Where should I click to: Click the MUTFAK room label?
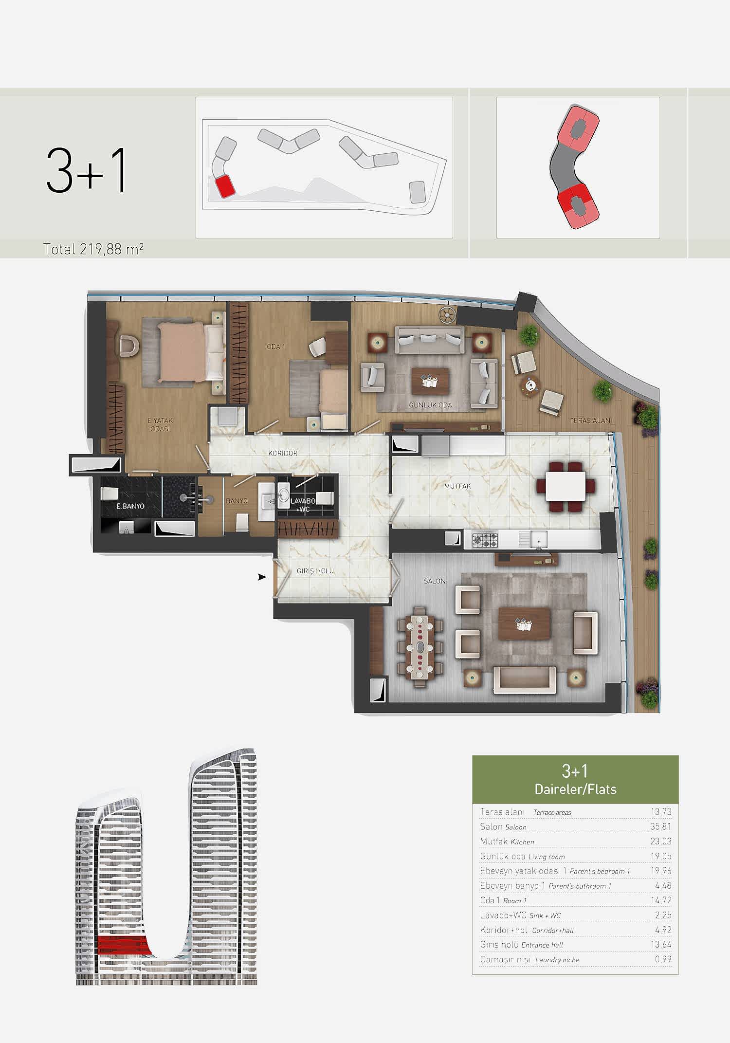pos(457,486)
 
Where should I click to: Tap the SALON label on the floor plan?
pos(434,581)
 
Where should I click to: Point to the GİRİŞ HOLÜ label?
pos(315,571)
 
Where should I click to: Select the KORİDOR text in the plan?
pos(283,453)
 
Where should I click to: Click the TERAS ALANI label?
pos(591,421)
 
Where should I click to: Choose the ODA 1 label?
pos(276,347)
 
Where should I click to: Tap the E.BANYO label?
pos(130,506)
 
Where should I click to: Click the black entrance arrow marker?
pos(262,577)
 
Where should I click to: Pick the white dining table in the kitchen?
pos(566,486)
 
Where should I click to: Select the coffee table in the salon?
pos(524,624)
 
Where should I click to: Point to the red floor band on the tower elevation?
pos(122,944)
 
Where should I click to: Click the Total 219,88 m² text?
pos(93,249)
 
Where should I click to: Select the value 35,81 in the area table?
pos(661,826)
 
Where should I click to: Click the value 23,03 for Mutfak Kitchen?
pos(661,841)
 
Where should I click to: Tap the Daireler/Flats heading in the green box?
pos(575,789)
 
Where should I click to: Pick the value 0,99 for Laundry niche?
pos(663,959)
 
